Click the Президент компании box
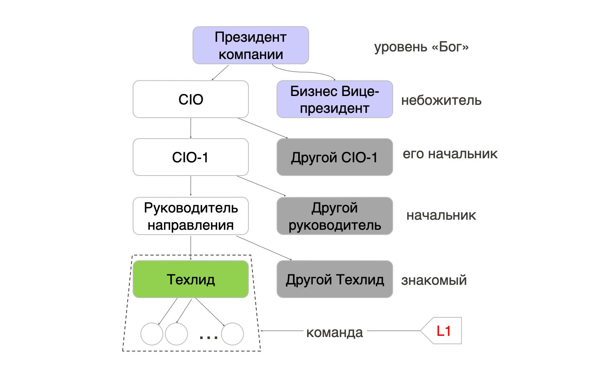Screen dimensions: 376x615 tap(250, 45)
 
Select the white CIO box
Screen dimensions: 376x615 tap(191, 99)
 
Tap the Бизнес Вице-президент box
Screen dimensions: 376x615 tap(334, 99)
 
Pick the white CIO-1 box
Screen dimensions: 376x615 tap(191, 157)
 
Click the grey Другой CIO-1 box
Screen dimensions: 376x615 tap(334, 157)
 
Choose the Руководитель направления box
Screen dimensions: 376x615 tap(191, 216)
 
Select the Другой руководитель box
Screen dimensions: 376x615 tap(334, 216)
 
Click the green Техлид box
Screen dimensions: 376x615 tap(191, 279)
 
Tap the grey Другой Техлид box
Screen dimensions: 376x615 tap(334, 279)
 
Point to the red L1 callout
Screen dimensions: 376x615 tap(443, 331)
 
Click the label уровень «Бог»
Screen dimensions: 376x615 tap(421, 47)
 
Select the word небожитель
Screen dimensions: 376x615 tap(441, 100)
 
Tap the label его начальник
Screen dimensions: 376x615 tap(450, 154)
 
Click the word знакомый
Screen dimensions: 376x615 tap(434, 280)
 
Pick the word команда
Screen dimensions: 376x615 tap(334, 333)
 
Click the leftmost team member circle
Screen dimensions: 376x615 tap(152, 334)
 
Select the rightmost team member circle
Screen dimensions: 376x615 tap(232, 334)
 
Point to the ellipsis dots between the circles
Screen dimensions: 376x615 tap(209, 337)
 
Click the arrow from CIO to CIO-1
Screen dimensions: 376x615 tap(191, 128)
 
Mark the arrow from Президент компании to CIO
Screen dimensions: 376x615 tap(220, 72)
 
